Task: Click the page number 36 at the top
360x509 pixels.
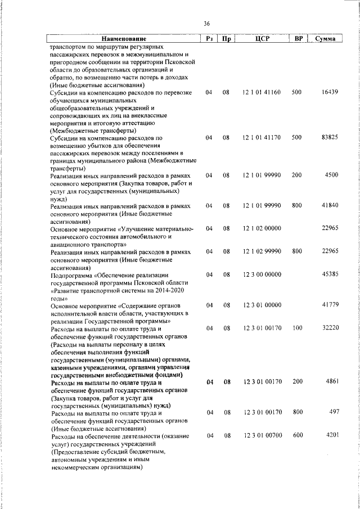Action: coord(206,24)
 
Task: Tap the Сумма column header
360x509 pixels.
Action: coord(326,39)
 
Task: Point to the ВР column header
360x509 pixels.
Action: coord(299,39)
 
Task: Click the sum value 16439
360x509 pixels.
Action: coord(329,92)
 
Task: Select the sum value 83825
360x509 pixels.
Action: coord(329,137)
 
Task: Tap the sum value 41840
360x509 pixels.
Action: coord(329,206)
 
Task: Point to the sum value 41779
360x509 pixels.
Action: coord(329,305)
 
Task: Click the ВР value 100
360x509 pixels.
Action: coord(298,328)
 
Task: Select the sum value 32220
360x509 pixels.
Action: coord(329,328)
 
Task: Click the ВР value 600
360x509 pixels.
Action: coord(298,436)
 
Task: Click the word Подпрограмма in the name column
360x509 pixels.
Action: coord(71,275)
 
